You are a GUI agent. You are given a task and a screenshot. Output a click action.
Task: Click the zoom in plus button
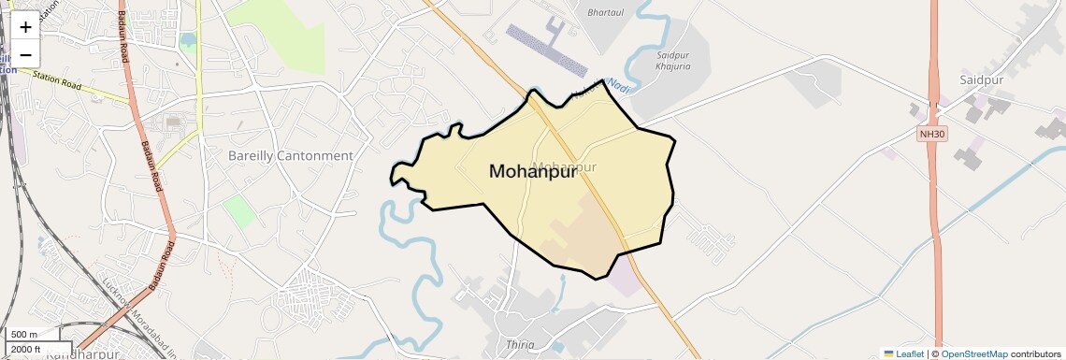[x=25, y=26]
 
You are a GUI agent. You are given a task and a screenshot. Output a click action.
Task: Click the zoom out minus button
[x=25, y=53]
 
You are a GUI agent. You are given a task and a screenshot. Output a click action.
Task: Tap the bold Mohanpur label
[x=532, y=172]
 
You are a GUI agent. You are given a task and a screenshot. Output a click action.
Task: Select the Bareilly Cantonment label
[x=291, y=156]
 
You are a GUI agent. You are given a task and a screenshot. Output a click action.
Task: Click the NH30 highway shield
[x=932, y=134]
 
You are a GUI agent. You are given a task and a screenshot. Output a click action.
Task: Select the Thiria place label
[x=519, y=345]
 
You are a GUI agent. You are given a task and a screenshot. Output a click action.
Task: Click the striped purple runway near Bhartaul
[x=545, y=46]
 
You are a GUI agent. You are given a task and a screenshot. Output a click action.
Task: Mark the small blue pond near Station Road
[x=188, y=40]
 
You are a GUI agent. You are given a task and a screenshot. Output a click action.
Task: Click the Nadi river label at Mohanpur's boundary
[x=613, y=86]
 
